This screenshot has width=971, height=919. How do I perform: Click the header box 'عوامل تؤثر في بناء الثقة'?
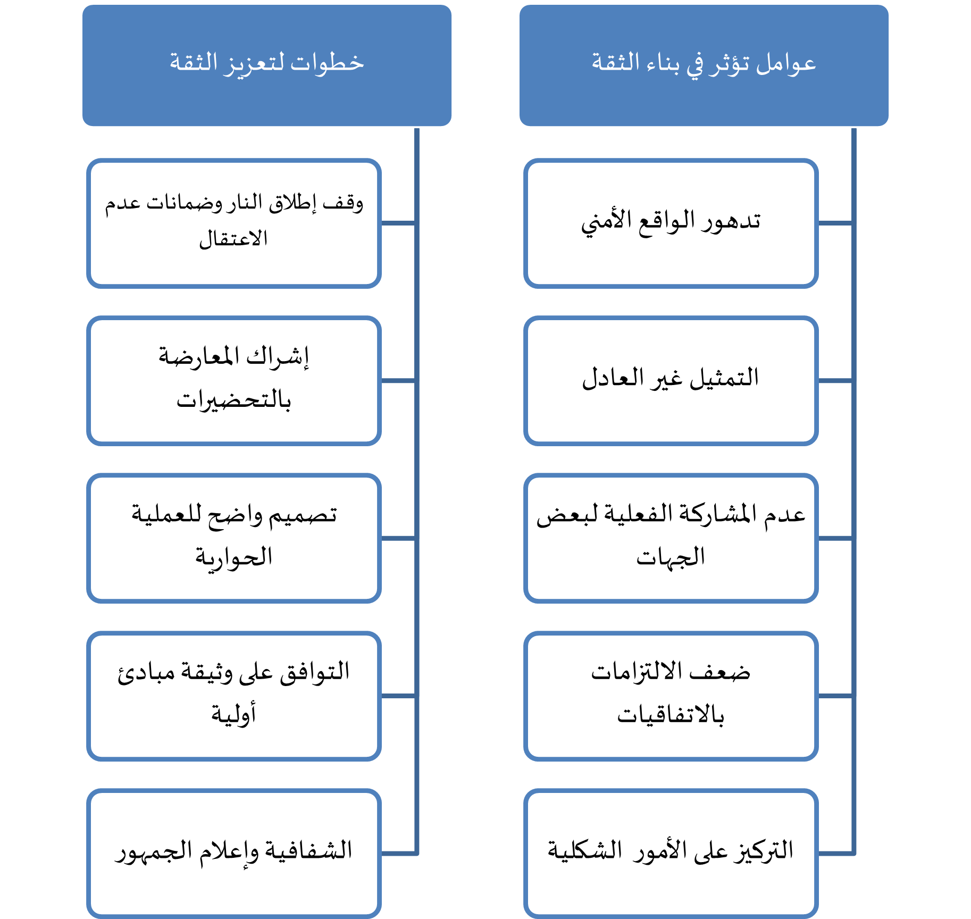(x=704, y=65)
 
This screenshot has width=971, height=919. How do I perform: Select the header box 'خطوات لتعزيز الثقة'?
(x=267, y=65)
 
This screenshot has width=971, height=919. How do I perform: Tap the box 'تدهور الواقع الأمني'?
(x=671, y=223)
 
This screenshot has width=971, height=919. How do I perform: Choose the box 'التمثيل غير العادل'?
(x=671, y=381)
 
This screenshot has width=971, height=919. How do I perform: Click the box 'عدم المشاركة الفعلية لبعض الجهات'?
(x=671, y=538)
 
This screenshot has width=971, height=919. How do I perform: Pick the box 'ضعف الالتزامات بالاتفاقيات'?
(x=671, y=696)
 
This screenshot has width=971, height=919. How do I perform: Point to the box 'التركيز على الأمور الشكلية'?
(x=671, y=853)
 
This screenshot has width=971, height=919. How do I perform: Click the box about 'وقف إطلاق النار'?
(x=234, y=223)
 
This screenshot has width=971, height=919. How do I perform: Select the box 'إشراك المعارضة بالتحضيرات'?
(x=234, y=381)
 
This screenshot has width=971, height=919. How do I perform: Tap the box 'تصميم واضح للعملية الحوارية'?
(x=234, y=538)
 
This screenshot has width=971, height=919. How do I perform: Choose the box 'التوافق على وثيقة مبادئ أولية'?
(x=234, y=696)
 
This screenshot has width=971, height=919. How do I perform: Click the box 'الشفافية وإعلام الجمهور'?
(x=234, y=853)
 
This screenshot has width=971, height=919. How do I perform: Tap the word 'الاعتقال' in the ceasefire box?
(x=233, y=239)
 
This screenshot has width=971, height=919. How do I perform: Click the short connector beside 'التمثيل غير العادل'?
(x=835, y=381)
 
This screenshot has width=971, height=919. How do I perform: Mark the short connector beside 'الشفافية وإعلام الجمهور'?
(x=399, y=853)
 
